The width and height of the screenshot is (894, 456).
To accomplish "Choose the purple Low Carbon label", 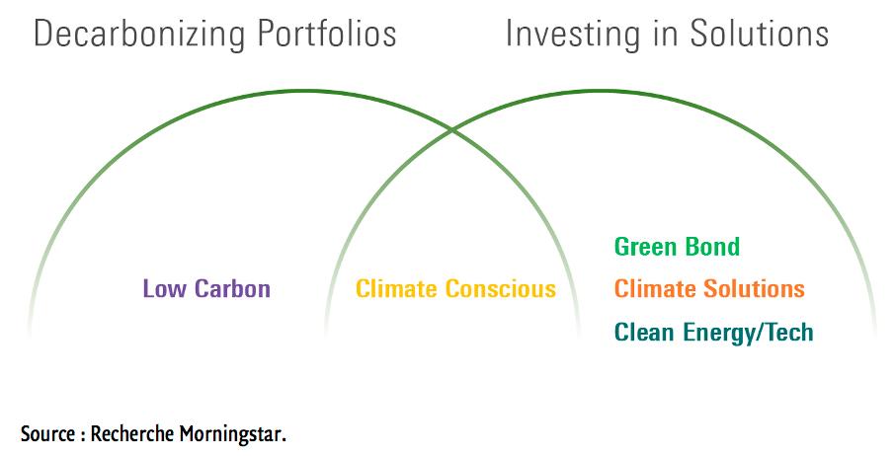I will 206,289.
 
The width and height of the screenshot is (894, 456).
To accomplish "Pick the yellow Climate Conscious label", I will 455,289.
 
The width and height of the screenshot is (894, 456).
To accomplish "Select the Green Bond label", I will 677,247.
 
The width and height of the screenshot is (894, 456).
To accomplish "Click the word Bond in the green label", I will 713,247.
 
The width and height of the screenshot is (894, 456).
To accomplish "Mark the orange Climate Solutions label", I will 709,289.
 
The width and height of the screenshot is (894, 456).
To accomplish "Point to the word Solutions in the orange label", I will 755,289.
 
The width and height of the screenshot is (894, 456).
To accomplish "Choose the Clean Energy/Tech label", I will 713,332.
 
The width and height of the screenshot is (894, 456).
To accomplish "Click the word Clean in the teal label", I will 642,332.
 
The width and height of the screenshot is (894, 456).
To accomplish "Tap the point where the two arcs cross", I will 452,129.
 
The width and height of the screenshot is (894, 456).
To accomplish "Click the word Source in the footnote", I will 46,433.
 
